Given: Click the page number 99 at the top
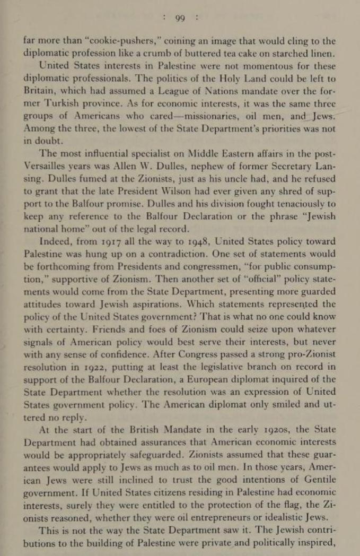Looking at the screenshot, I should (x=180, y=18).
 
